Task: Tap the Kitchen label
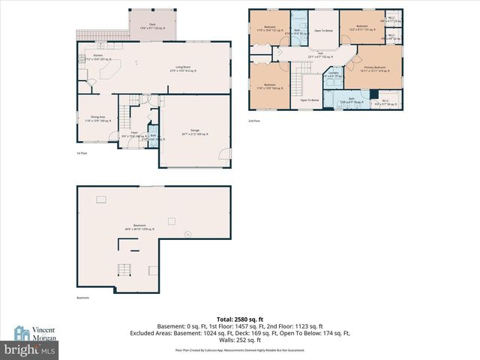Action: point(97,56)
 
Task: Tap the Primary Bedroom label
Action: point(379,69)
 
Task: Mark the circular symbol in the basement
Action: point(188,234)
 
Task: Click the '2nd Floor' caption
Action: point(254,120)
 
